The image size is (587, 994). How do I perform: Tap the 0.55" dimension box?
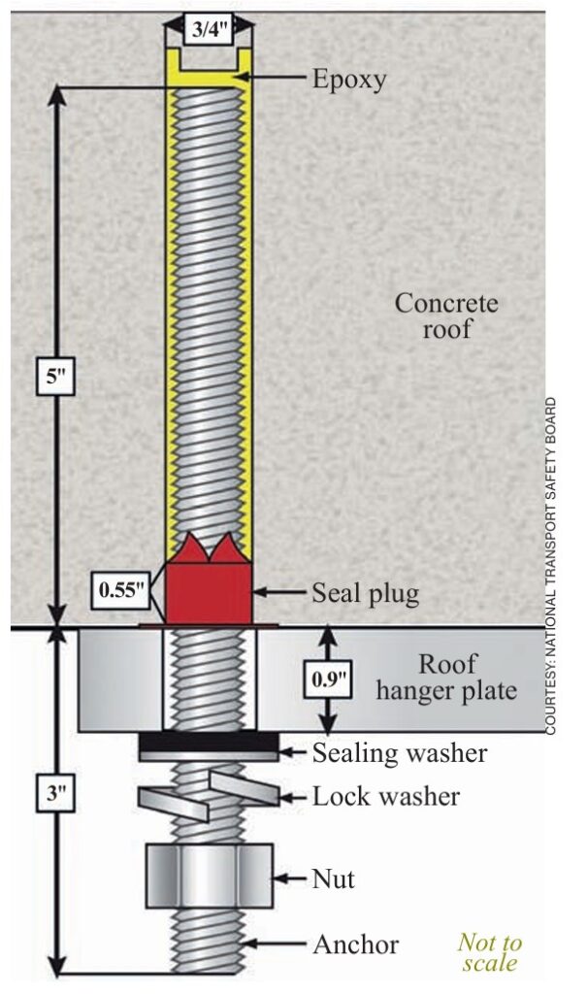(x=122, y=589)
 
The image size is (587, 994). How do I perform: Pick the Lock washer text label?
(x=385, y=797)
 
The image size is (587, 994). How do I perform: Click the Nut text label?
(x=334, y=879)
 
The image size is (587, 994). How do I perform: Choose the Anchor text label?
(x=355, y=944)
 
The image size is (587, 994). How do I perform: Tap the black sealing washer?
(x=208, y=745)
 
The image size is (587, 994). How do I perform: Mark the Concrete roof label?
(x=446, y=315)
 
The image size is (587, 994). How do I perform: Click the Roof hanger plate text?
(x=447, y=679)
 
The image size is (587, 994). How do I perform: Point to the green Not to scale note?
(x=489, y=952)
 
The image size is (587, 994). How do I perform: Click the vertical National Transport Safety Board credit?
(x=550, y=563)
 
